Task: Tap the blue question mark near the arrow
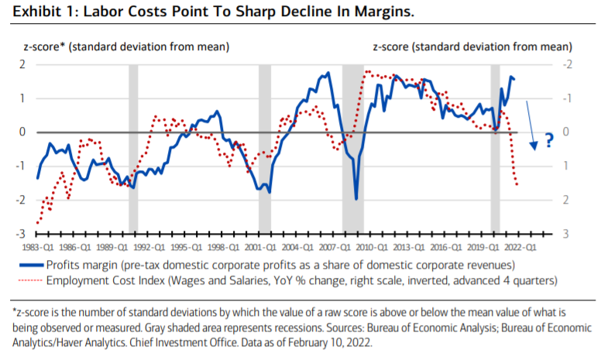point(549,140)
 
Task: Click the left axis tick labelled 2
point(25,63)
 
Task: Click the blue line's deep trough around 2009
point(355,199)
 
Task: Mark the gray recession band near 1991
point(133,147)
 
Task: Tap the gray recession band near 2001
point(265,147)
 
